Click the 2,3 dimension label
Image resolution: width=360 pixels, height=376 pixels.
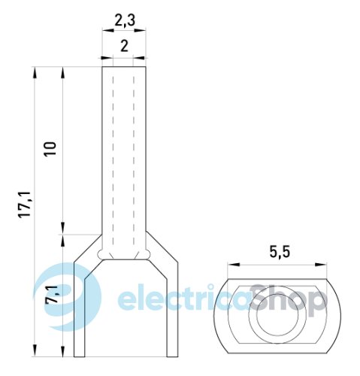pos(125,20)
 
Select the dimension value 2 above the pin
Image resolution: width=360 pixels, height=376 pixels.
pos(124,46)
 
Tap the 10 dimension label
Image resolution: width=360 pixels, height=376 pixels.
pos(50,149)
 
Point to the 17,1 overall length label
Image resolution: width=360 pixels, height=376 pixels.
pos(25,205)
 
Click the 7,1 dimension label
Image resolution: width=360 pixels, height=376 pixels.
pos(51,295)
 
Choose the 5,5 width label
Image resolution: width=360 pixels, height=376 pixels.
pos(280,252)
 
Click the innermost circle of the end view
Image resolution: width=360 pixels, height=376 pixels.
pos(277,314)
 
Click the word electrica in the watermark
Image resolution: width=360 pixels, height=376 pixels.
pos(184,299)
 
